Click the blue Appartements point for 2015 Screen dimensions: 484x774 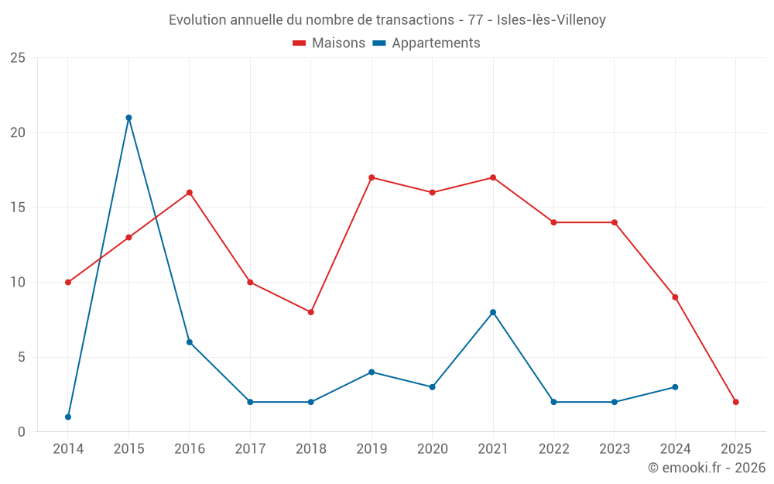pyautogui.click(x=128, y=118)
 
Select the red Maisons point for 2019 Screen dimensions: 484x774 pyautogui.click(x=372, y=177)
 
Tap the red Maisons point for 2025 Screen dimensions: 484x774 pyautogui.click(x=735, y=402)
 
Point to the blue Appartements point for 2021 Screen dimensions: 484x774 pyautogui.click(x=493, y=312)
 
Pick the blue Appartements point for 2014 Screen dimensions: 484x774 pyautogui.click(x=68, y=417)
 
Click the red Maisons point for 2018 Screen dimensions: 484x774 pyautogui.click(x=310, y=312)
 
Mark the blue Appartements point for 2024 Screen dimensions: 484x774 pyautogui.click(x=675, y=387)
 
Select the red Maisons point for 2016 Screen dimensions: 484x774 pyautogui.click(x=190, y=192)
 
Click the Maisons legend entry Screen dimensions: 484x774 pyautogui.click(x=329, y=43)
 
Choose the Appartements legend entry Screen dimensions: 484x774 pyautogui.click(x=426, y=43)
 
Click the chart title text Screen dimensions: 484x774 pyautogui.click(x=387, y=20)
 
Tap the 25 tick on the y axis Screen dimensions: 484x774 pyautogui.click(x=18, y=58)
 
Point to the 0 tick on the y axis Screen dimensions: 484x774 pyautogui.click(x=22, y=432)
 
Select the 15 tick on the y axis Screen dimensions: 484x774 pyautogui.click(x=18, y=208)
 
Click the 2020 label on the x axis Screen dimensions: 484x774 pyautogui.click(x=432, y=449)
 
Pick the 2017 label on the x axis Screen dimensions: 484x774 pyautogui.click(x=250, y=449)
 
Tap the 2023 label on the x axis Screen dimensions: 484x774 pyautogui.click(x=614, y=449)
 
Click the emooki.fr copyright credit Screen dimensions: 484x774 pyautogui.click(x=706, y=468)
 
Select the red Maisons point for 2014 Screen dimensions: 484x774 pyautogui.click(x=68, y=282)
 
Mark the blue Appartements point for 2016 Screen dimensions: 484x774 pyautogui.click(x=190, y=342)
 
